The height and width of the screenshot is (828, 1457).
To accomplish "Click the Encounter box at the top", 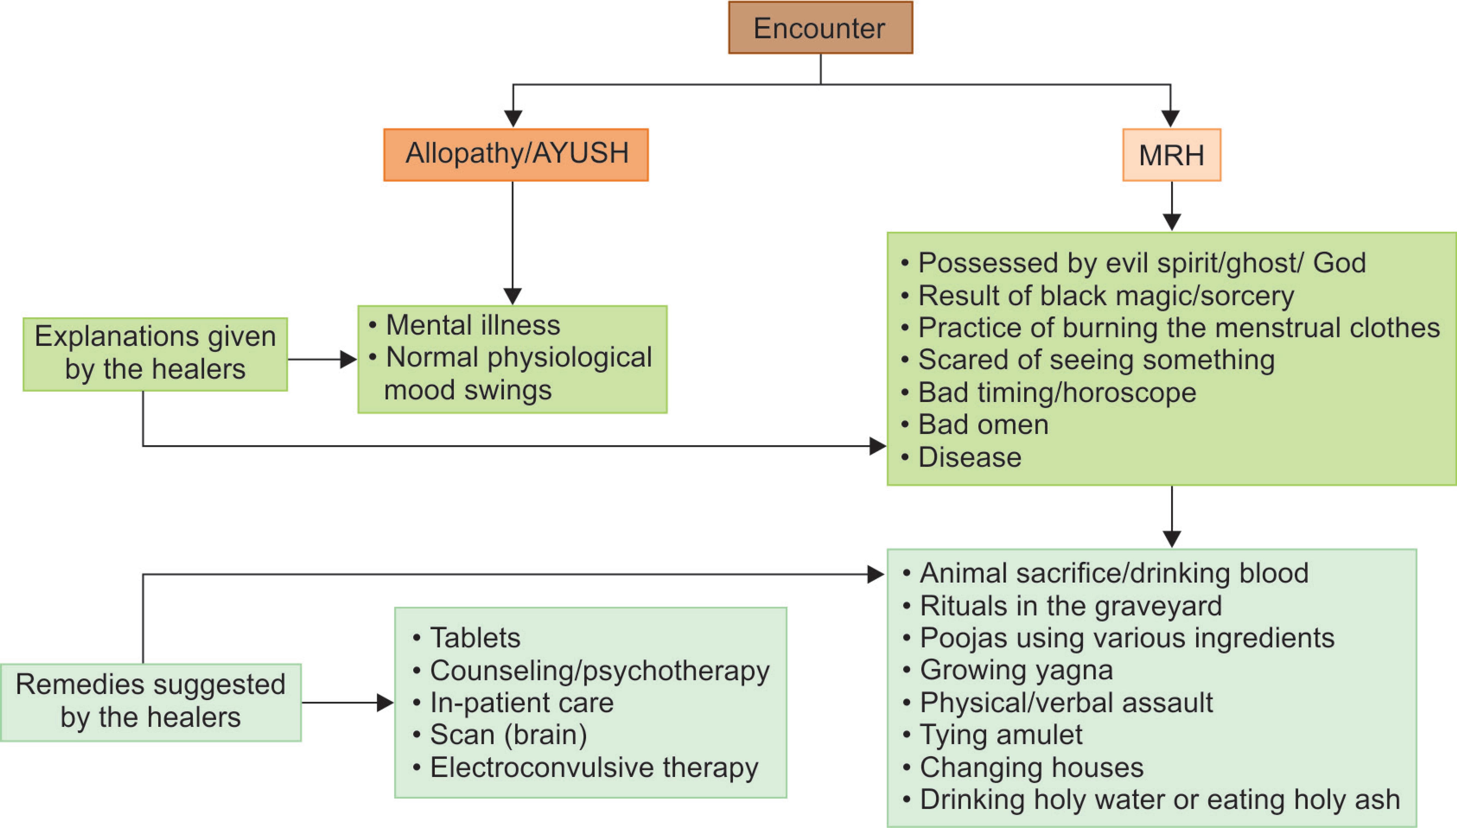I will coord(820,28).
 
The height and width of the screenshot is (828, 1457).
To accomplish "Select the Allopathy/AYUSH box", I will coord(516,154).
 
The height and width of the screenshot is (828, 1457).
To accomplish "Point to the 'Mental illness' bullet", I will coord(472,325).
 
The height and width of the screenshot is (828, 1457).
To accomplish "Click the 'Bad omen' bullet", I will coord(983,425).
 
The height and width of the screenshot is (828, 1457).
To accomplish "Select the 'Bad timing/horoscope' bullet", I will coord(1057,392).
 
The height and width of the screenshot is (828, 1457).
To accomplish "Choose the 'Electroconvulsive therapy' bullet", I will coord(593,767).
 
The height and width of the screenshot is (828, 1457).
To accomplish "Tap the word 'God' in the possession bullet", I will coord(1339,263).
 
